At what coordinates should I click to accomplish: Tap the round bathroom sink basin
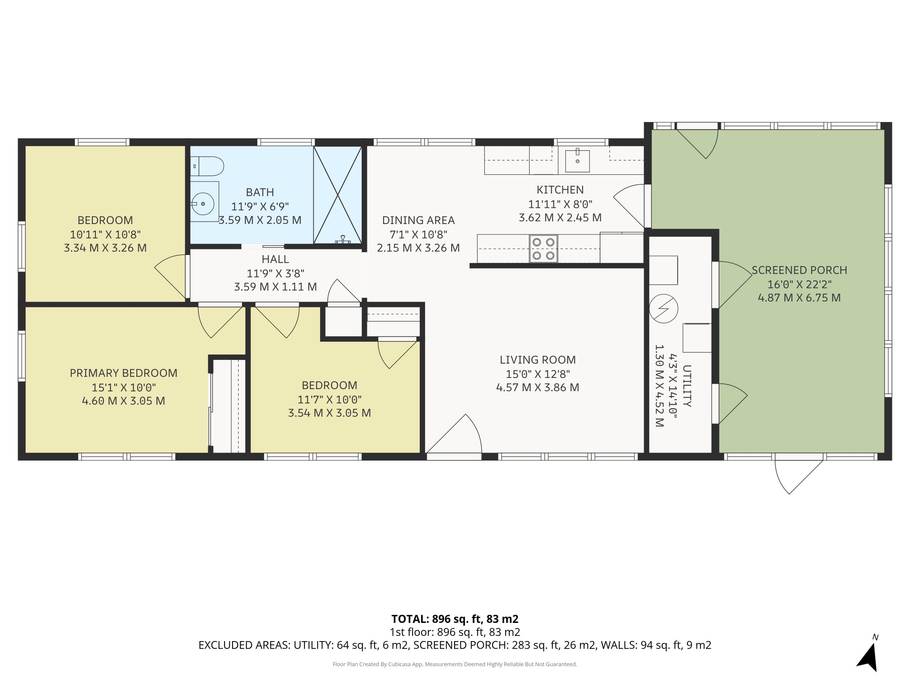[x=203, y=203]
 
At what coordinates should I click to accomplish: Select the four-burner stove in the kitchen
[x=544, y=249]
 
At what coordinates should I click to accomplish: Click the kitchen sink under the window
[x=577, y=161]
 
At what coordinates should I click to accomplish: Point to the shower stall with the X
[x=337, y=195]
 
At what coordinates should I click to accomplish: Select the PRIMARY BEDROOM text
[x=123, y=373]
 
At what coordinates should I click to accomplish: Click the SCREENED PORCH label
[x=799, y=270]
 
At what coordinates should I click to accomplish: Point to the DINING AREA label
[x=418, y=220]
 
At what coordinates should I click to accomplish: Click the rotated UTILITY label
[x=687, y=386]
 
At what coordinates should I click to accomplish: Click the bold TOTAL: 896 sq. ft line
[x=455, y=619]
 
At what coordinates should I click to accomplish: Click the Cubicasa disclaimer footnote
[x=455, y=664]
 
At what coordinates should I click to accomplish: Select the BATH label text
[x=260, y=192]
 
